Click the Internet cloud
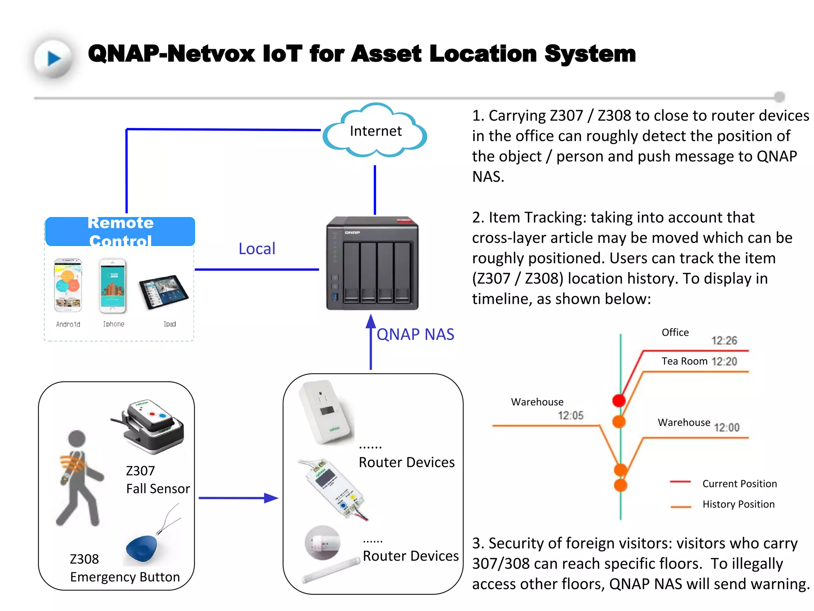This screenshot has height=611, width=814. tap(375, 131)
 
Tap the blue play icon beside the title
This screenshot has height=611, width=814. tap(54, 58)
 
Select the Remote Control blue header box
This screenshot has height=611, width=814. tap(120, 232)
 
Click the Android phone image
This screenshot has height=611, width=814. tap(68, 285)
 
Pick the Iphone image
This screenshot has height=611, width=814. tap(113, 286)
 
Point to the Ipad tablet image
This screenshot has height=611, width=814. tap(163, 292)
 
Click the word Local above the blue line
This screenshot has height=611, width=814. tap(257, 249)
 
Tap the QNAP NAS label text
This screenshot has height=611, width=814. tap(415, 334)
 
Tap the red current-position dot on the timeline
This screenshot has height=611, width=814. tap(619, 400)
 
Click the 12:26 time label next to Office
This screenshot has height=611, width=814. tap(724, 341)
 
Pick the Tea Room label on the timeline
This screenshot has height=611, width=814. tap(684, 361)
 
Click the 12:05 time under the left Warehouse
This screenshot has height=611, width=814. tap(570, 416)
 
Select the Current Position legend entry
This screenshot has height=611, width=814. tap(739, 484)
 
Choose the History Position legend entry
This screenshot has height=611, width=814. tap(738, 504)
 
